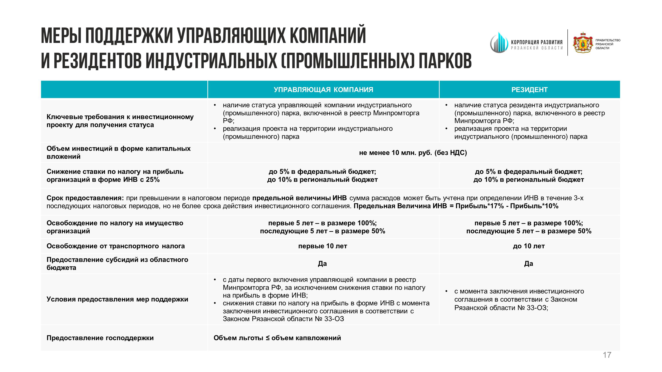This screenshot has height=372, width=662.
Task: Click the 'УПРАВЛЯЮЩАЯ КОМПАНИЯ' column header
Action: (323, 89)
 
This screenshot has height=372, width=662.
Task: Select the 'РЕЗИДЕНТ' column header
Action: (529, 89)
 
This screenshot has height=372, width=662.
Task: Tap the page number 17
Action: (607, 355)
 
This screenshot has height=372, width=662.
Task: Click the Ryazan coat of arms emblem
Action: (583, 43)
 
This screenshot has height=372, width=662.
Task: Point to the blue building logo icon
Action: (499, 43)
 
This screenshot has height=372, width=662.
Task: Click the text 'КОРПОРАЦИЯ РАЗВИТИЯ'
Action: (537, 42)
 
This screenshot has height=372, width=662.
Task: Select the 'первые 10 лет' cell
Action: (323, 246)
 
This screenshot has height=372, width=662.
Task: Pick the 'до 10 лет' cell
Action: (529, 246)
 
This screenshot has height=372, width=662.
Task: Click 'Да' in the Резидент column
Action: (529, 264)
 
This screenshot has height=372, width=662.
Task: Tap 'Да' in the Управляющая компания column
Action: (322, 264)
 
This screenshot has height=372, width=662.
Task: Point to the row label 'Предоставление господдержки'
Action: (100, 338)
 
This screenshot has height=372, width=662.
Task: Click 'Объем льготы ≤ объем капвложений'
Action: (277, 338)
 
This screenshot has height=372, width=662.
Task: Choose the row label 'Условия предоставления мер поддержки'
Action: (117, 299)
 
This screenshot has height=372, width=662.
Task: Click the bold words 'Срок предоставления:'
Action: (85, 198)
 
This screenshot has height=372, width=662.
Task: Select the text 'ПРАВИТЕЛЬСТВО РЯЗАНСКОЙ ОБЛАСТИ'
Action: (608, 44)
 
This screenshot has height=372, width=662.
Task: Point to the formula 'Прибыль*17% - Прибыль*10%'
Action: (507, 206)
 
